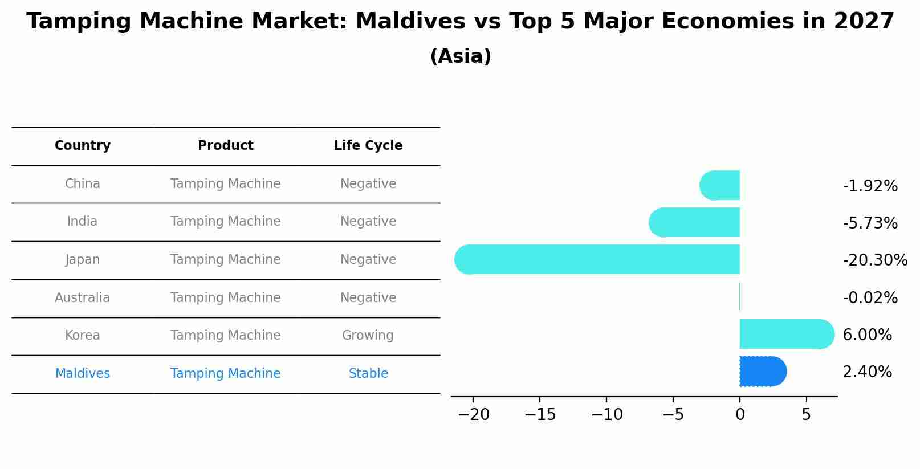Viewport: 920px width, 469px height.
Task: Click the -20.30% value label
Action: point(874,260)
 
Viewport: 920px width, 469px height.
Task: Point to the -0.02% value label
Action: point(870,298)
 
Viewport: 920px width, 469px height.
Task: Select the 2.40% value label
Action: point(867,372)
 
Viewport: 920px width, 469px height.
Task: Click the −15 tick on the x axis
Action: point(540,415)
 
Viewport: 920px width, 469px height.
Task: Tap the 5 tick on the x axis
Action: point(806,415)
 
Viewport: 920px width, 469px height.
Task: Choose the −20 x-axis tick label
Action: point(473,415)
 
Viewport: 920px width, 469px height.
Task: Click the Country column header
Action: point(83,146)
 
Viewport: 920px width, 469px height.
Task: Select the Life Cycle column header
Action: point(368,146)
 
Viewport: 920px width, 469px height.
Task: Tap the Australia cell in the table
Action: point(83,297)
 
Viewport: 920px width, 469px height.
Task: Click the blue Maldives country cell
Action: point(83,374)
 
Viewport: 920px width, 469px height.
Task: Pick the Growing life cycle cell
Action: point(368,336)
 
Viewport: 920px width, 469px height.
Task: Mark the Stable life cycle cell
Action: point(368,374)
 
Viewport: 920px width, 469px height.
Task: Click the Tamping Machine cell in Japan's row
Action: point(225,260)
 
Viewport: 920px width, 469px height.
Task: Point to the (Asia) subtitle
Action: point(461,56)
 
